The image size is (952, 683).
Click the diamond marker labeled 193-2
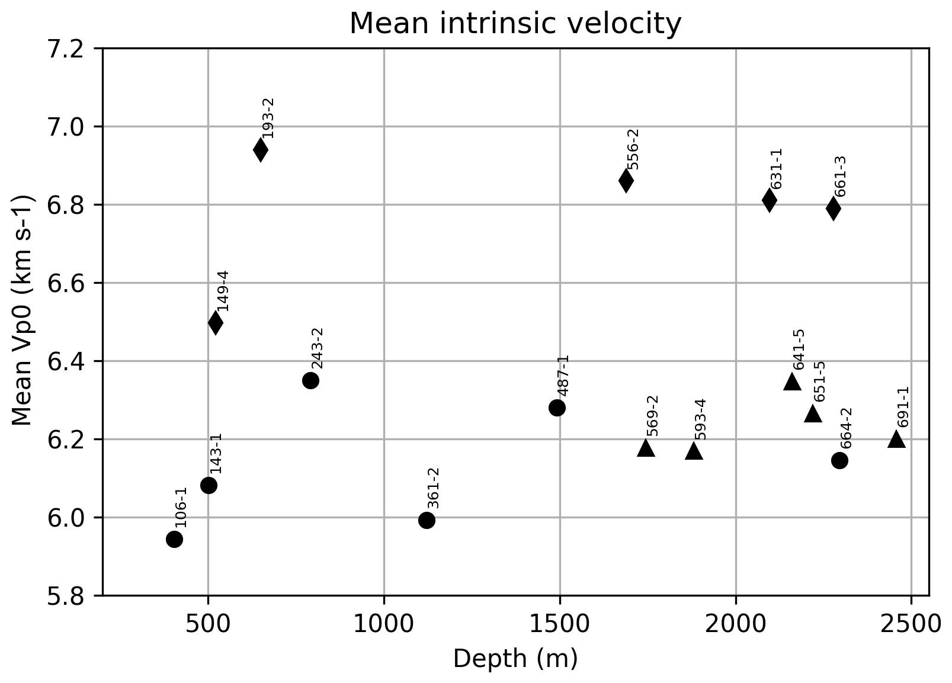[x=261, y=150]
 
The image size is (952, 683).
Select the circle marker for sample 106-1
[x=174, y=539]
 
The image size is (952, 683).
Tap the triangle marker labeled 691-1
[x=896, y=440]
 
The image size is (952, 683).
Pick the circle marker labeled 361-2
[x=427, y=520]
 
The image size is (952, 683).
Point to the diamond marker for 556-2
[x=626, y=181]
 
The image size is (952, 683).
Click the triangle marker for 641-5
[x=792, y=382]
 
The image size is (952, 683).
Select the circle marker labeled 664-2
[x=839, y=460]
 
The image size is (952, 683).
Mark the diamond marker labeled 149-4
[x=216, y=323]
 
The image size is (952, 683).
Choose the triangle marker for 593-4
[x=694, y=452]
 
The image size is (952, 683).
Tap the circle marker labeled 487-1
[x=557, y=408]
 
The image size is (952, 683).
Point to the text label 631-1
[x=777, y=169]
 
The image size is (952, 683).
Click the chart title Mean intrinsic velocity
[x=515, y=24]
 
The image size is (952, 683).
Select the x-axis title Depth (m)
[x=515, y=659]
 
